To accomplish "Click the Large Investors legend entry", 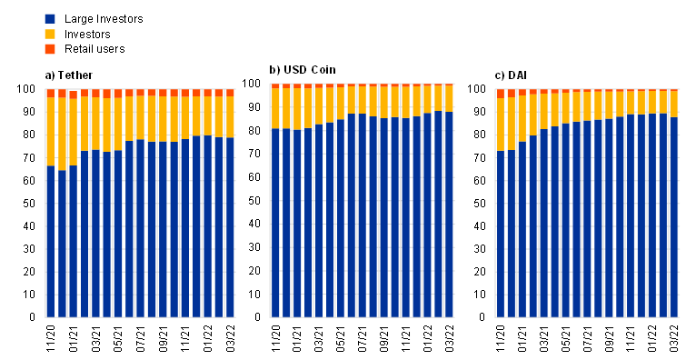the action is point(94,19).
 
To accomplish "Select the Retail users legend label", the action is point(94,49).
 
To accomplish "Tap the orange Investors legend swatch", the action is point(50,34).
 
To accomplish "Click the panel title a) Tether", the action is point(69,75).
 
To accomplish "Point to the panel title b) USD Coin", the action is point(303,70).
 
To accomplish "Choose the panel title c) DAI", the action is point(511,75).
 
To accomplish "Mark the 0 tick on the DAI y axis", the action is point(488,317).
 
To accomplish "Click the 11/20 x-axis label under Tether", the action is point(51,339).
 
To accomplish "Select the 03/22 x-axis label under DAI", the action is point(674,339).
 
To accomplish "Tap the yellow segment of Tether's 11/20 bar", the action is point(51,132).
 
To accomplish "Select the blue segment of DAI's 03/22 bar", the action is point(674,217).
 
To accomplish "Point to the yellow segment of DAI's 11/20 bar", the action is point(501,125).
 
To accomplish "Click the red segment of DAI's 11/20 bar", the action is point(501,94).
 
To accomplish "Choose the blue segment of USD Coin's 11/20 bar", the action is point(275,223).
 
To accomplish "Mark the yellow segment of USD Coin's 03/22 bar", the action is point(449,98).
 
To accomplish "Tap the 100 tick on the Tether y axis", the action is point(32,89).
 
